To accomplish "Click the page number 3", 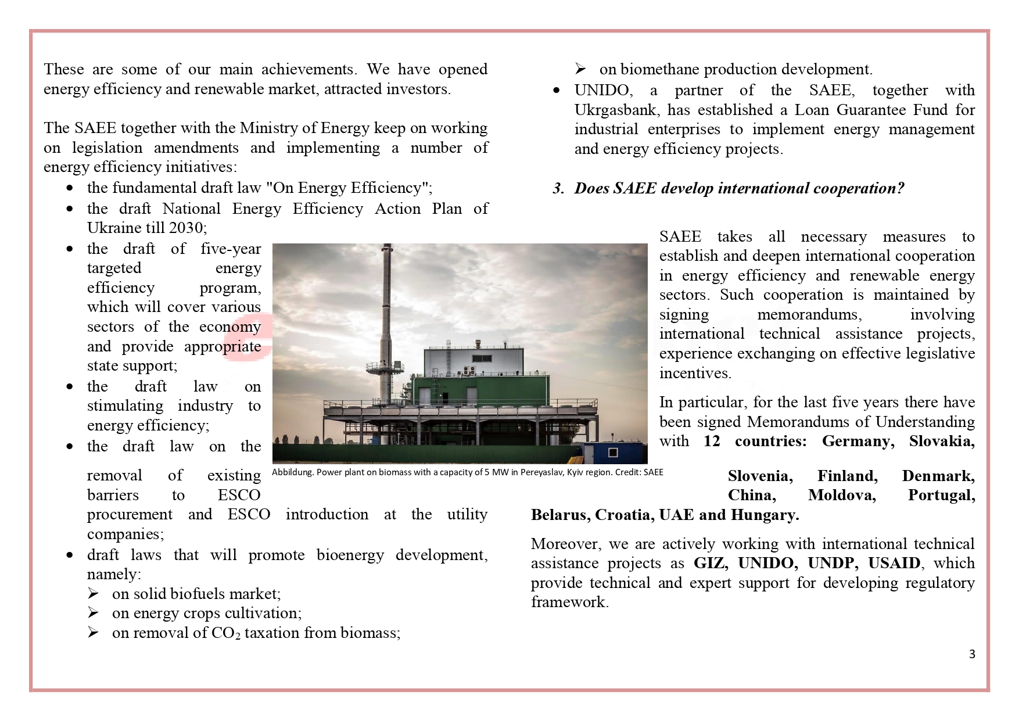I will (972, 654).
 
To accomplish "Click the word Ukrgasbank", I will (616, 110).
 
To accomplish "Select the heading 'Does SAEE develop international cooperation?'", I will (739, 188).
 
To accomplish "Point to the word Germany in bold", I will (857, 441).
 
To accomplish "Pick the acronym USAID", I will (894, 563).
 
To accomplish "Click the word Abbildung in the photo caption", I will (292, 472).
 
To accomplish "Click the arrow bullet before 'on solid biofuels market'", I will (94, 594).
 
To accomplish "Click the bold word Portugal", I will (941, 495).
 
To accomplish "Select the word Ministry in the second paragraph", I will (268, 128).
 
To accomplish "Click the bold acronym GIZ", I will (710, 563).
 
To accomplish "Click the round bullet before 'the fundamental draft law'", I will (70, 188).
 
